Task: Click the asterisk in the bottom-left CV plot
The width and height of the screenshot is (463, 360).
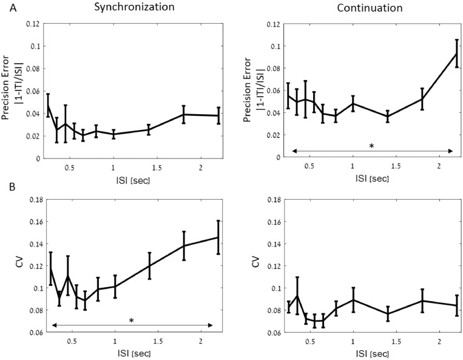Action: (131, 321)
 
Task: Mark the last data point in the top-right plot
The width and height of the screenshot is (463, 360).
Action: (457, 53)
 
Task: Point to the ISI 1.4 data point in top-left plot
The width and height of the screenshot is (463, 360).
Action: (149, 129)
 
